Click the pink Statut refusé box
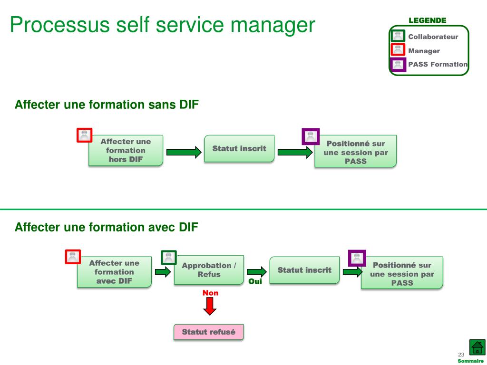(208, 332)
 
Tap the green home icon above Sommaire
(477, 347)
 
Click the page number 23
(461, 355)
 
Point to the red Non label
(210, 293)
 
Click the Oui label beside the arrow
(255, 281)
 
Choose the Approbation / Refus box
(209, 270)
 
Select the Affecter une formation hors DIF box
(126, 151)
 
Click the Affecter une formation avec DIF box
(114, 272)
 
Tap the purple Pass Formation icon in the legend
(398, 65)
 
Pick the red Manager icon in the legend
(398, 49)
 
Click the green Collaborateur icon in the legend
(398, 36)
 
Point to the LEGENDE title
(428, 20)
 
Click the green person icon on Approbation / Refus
(169, 258)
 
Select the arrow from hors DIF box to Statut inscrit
(184, 152)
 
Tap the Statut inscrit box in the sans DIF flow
(239, 148)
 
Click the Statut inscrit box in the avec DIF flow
(304, 270)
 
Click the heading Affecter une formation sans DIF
(107, 105)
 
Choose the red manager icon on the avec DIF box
(73, 257)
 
